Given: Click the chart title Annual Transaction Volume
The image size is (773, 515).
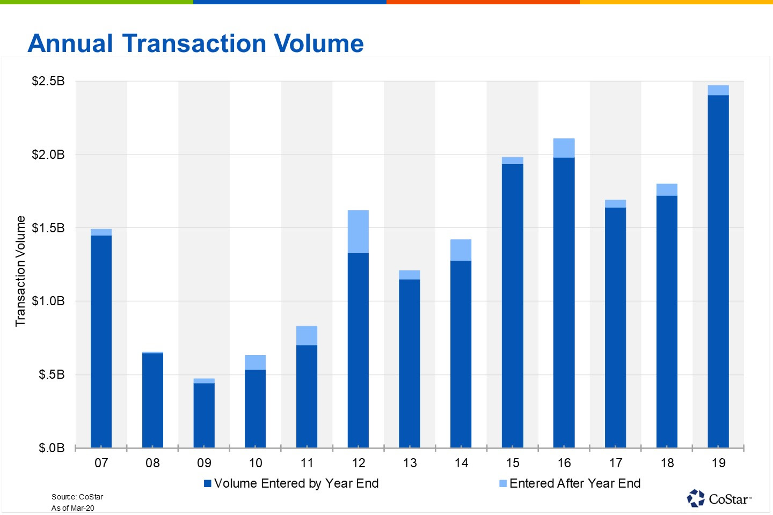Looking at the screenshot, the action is click(x=195, y=43).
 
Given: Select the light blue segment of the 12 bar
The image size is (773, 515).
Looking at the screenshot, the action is click(x=358, y=231).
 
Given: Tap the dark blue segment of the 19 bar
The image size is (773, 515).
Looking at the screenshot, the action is click(x=718, y=271).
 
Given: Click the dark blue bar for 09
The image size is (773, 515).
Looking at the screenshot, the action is click(x=204, y=415).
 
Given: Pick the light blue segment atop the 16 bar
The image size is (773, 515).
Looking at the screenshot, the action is click(x=564, y=148).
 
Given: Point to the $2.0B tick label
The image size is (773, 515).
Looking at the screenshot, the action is click(x=48, y=154).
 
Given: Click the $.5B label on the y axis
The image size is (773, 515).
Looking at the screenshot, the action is click(x=52, y=374).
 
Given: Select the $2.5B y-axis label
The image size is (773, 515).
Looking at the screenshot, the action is click(x=48, y=81).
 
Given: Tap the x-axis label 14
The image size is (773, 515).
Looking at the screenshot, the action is click(x=461, y=463).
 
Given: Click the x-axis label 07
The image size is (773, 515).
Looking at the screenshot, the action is click(x=101, y=463).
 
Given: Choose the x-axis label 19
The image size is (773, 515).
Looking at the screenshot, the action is click(x=718, y=463).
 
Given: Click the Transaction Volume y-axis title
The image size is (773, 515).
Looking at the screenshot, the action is click(x=20, y=271).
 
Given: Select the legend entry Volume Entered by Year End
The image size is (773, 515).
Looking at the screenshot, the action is click(x=291, y=483).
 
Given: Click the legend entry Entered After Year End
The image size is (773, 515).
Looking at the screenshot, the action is click(x=570, y=483).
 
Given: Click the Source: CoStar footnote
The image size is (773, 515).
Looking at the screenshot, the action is click(x=77, y=497).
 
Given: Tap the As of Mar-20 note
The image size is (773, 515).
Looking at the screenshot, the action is click(x=73, y=508).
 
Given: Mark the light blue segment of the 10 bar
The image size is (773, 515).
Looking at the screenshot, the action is click(x=256, y=362).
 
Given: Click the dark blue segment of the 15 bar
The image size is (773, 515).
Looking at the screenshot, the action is click(x=513, y=306).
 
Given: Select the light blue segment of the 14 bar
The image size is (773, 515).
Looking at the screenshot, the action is click(x=461, y=250).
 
